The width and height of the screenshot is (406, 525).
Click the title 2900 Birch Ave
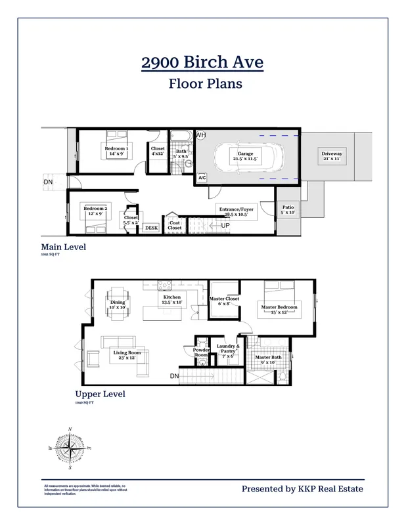202,63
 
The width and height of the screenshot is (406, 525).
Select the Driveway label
332,156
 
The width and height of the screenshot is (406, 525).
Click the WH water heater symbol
200,135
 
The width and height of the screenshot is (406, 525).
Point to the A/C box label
202,178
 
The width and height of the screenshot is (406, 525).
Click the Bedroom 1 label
116,151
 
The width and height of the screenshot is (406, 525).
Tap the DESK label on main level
151,228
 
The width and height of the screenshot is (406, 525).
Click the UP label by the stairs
225,226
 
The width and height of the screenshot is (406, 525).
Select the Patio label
288,210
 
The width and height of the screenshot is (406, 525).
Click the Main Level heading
64,247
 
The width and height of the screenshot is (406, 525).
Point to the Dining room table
117,304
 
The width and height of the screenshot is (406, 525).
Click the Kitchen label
172,299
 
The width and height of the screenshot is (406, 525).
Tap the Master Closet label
224,301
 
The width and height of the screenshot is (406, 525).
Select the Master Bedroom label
279,310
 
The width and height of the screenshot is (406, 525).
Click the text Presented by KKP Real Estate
302,488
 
